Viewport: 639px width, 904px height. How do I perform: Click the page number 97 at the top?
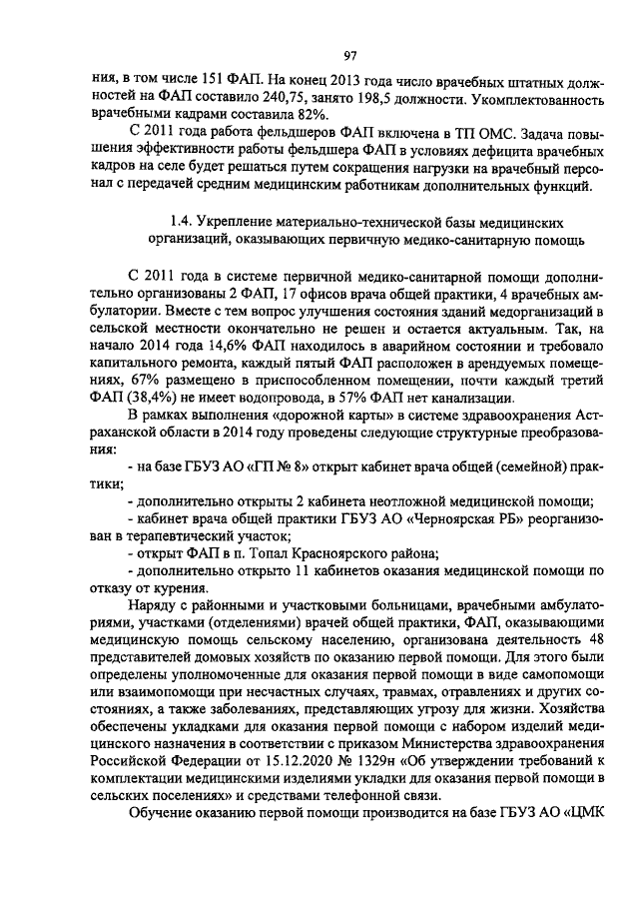[351, 55]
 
